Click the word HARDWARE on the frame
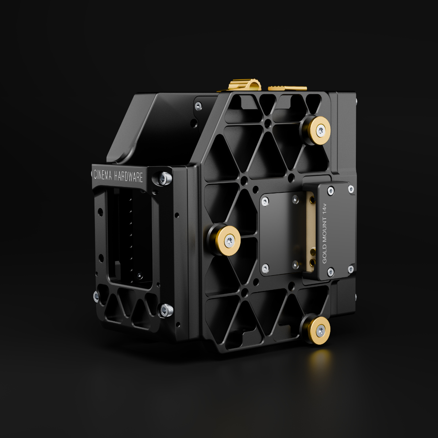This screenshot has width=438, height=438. click(128, 177)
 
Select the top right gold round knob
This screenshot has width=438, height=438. click(320, 130)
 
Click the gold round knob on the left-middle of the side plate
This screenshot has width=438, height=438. click(228, 241)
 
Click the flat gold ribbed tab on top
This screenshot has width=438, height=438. click(287, 88)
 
